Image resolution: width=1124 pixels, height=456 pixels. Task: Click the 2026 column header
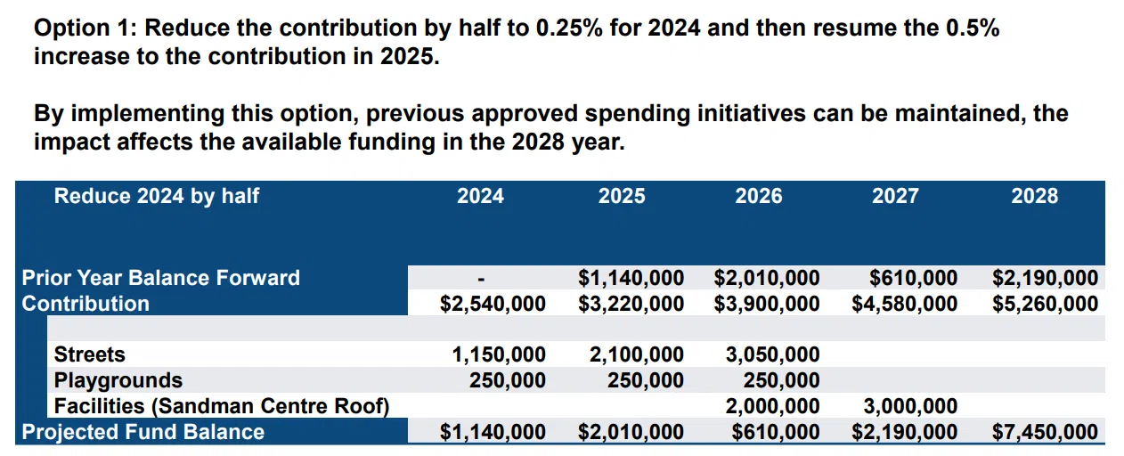(x=758, y=196)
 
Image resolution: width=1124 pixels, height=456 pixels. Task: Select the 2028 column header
(x=1034, y=196)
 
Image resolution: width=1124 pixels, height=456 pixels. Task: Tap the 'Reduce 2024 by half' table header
(x=157, y=196)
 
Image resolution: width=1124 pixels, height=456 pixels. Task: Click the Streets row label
(x=89, y=354)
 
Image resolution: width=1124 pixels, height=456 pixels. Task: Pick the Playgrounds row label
(x=118, y=380)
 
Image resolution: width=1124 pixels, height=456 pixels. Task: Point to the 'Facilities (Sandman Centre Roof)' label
(x=222, y=406)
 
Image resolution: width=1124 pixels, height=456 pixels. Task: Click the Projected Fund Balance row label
(x=143, y=432)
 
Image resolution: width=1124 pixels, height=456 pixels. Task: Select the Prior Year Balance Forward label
(x=160, y=277)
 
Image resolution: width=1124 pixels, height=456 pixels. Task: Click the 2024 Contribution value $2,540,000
(x=493, y=304)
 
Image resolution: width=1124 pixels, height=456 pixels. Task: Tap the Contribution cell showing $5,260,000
(x=1045, y=304)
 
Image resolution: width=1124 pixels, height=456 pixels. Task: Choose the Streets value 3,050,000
(x=772, y=354)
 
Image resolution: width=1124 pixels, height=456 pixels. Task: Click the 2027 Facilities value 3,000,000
(x=910, y=406)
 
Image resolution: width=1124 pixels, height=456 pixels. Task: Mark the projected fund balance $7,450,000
(x=1045, y=432)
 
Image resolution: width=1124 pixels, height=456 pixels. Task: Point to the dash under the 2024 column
(x=481, y=279)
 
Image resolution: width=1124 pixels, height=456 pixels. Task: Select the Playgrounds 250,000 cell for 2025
(x=646, y=380)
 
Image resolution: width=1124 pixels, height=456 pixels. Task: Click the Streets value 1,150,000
(x=498, y=354)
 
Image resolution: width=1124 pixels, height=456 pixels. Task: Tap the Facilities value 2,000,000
(x=772, y=406)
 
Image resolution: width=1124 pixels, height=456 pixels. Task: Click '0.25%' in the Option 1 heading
(x=569, y=28)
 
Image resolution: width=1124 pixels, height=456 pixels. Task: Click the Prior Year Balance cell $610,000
(x=913, y=278)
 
